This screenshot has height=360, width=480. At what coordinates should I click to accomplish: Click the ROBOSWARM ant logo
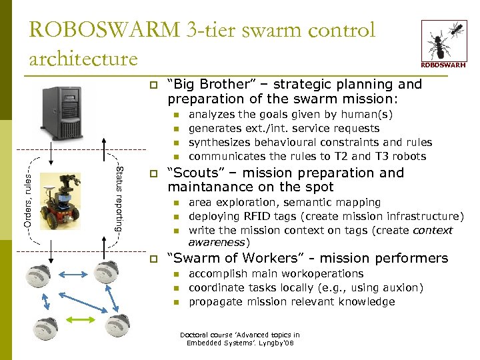(x=443, y=43)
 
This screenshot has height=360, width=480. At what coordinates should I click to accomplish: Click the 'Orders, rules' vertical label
(x=27, y=193)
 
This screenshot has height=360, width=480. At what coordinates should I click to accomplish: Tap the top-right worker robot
(x=107, y=271)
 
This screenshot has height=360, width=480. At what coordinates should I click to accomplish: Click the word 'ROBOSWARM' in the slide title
(x=104, y=30)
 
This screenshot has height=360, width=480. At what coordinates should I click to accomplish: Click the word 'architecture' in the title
(x=83, y=59)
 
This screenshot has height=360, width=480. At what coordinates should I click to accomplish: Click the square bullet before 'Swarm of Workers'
(x=153, y=259)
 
